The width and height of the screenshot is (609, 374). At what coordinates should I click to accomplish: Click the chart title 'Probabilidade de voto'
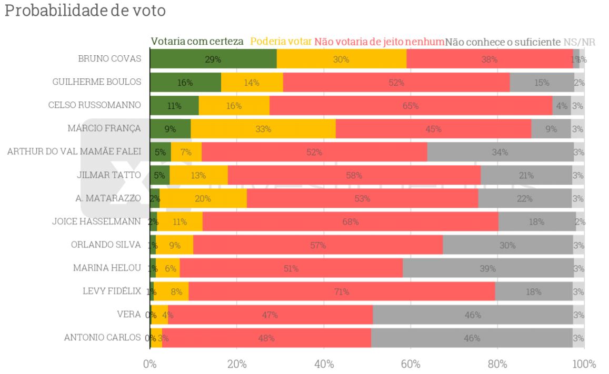click(x=85, y=11)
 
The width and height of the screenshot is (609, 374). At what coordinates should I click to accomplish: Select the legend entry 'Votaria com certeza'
click(x=197, y=42)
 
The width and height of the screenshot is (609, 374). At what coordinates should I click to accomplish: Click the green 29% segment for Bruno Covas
click(x=213, y=59)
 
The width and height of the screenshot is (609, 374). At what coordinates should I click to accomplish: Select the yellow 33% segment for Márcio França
click(x=263, y=129)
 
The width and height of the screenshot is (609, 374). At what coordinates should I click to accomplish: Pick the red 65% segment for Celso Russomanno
click(x=411, y=106)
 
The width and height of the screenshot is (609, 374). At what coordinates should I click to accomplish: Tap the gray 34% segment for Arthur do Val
click(x=500, y=152)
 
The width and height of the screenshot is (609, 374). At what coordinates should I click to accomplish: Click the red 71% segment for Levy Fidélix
click(x=342, y=291)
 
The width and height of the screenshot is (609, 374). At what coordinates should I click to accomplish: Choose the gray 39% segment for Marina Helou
click(x=488, y=268)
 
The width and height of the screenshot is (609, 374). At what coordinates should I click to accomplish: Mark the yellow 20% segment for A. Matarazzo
click(x=203, y=198)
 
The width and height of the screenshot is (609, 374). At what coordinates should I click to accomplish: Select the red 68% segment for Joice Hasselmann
click(x=350, y=222)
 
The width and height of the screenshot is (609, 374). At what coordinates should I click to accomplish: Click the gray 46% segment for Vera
click(x=473, y=315)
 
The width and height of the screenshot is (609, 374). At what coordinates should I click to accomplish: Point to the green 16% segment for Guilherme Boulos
click(x=185, y=83)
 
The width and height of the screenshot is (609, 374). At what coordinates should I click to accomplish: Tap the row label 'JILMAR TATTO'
click(x=108, y=175)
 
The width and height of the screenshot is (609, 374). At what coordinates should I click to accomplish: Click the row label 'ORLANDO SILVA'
click(x=106, y=245)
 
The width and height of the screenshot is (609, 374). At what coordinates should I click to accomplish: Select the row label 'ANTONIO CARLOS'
click(x=103, y=338)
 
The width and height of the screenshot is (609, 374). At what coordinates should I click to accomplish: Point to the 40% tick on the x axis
click(x=324, y=364)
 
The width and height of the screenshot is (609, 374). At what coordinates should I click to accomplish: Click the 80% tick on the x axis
click(x=497, y=364)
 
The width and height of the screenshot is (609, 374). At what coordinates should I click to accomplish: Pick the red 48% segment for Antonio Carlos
click(x=266, y=338)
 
